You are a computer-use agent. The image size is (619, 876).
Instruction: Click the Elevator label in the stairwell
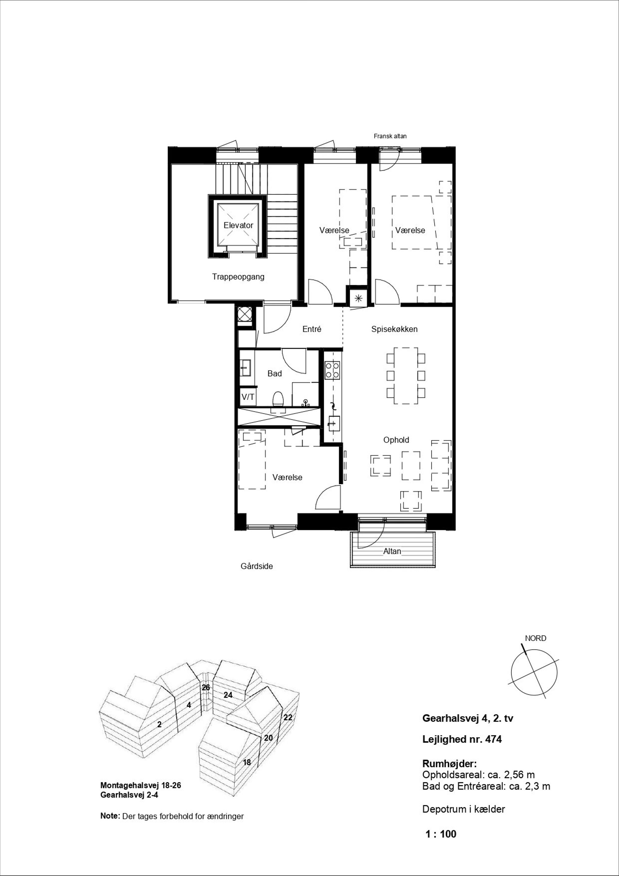(238, 225)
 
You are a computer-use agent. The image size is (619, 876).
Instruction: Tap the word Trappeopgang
(238, 277)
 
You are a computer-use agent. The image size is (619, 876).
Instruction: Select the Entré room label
(312, 329)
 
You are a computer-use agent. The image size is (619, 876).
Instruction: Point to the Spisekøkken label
(394, 329)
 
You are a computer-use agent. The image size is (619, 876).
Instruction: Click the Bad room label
(274, 373)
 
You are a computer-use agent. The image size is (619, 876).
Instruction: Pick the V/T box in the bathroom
(248, 397)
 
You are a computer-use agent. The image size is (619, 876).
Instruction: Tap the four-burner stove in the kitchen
(332, 370)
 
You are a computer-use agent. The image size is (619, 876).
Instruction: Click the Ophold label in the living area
(396, 440)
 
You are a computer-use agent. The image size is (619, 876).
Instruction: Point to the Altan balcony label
(392, 551)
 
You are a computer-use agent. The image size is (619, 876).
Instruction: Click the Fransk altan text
(390, 136)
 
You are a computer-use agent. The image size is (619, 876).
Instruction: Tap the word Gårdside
(256, 566)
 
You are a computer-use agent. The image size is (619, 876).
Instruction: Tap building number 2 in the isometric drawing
(159, 724)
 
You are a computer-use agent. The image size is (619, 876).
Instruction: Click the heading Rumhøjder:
(450, 763)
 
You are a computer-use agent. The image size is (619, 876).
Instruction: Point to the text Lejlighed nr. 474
(462, 739)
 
